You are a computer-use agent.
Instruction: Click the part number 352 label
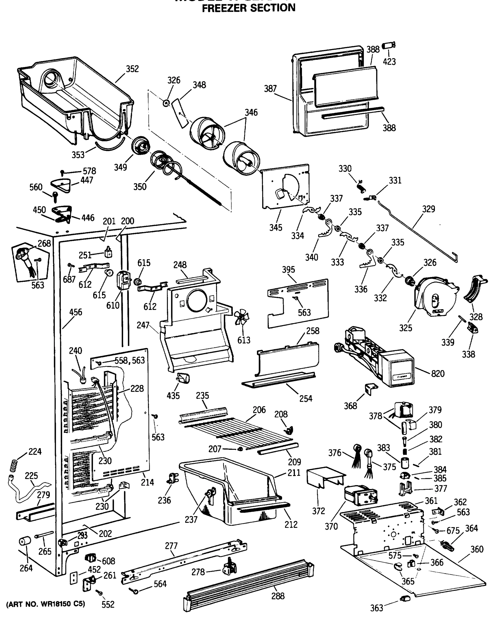[132, 69]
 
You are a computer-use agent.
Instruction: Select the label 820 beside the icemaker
[438, 374]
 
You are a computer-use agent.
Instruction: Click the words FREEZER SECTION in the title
[249, 8]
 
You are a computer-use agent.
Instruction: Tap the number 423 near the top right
[389, 62]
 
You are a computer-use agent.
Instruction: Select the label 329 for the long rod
[428, 209]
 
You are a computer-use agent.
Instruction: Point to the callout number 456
[76, 312]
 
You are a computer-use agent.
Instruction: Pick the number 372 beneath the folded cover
[318, 511]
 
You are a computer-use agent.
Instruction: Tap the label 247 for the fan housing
[143, 325]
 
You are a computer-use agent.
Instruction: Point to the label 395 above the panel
[288, 270]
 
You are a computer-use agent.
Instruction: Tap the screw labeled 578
[62, 173]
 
